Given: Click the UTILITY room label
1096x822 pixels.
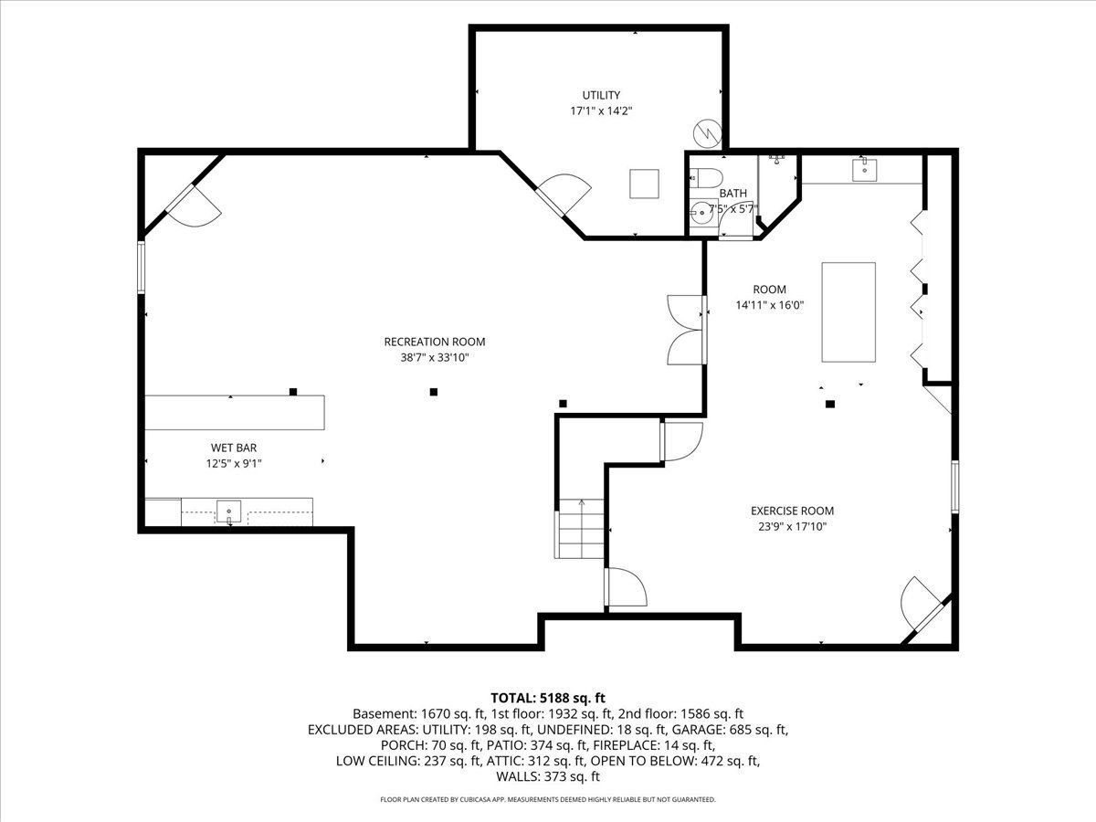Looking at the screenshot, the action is pyautogui.click(x=601, y=95).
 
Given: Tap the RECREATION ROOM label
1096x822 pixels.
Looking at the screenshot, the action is pyautogui.click(x=435, y=342).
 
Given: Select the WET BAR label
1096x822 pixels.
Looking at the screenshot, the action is pyautogui.click(x=234, y=448).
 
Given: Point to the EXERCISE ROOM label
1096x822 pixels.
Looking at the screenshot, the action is pyautogui.click(x=793, y=511).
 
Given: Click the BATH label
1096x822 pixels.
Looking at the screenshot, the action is pyautogui.click(x=733, y=193).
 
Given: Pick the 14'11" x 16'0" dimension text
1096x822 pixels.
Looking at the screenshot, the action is pyautogui.click(x=769, y=305).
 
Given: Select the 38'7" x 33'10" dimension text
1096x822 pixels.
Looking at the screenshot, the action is pyautogui.click(x=435, y=357).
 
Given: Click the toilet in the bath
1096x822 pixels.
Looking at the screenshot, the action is pyautogui.click(x=707, y=178).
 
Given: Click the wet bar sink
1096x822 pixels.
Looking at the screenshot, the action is pyautogui.click(x=228, y=512).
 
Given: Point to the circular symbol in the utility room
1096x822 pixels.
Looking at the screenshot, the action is pyautogui.click(x=708, y=133).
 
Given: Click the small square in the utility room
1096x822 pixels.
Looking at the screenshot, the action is pyautogui.click(x=644, y=184).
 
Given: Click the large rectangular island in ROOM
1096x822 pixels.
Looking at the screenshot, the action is pyautogui.click(x=848, y=312).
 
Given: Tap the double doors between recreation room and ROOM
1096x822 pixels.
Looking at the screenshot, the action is pyautogui.click(x=687, y=330).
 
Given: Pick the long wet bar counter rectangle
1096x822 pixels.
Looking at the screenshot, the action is pyautogui.click(x=235, y=413).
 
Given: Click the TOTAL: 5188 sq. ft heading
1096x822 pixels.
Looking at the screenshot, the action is pyautogui.click(x=548, y=698).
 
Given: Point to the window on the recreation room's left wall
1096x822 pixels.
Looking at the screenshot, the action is pyautogui.click(x=142, y=267).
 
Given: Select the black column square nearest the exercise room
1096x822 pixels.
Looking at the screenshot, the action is pyautogui.click(x=830, y=405).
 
